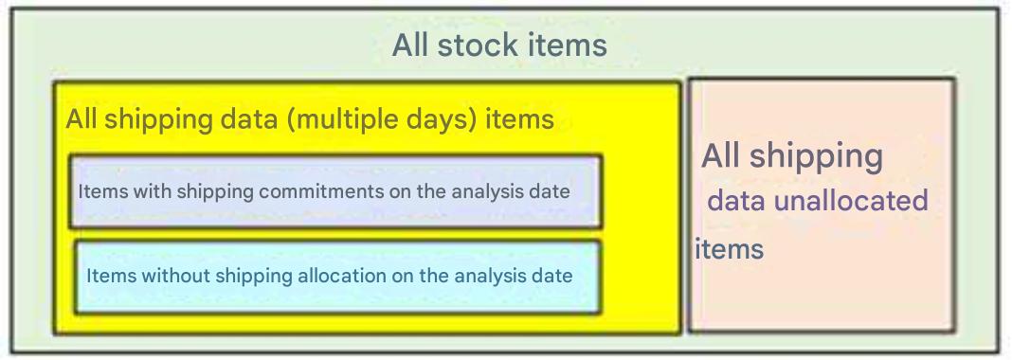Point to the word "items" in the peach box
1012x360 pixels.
730,249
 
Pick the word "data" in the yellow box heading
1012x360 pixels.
249,119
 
